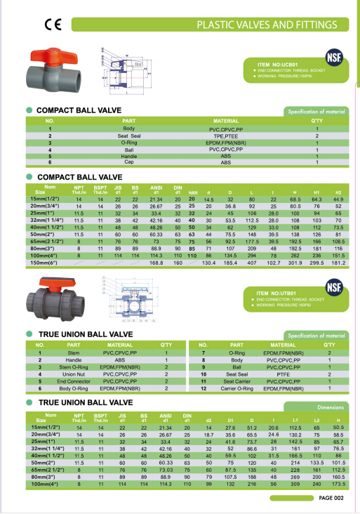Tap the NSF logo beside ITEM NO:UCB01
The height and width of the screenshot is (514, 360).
[333, 57]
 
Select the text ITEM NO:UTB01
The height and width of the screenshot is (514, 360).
[274, 292]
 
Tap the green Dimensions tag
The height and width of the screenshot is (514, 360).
[330, 407]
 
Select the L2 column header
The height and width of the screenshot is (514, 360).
[319, 419]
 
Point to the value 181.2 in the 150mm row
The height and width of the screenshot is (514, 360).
[338, 243]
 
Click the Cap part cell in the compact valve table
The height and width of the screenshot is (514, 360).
[129, 162]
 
